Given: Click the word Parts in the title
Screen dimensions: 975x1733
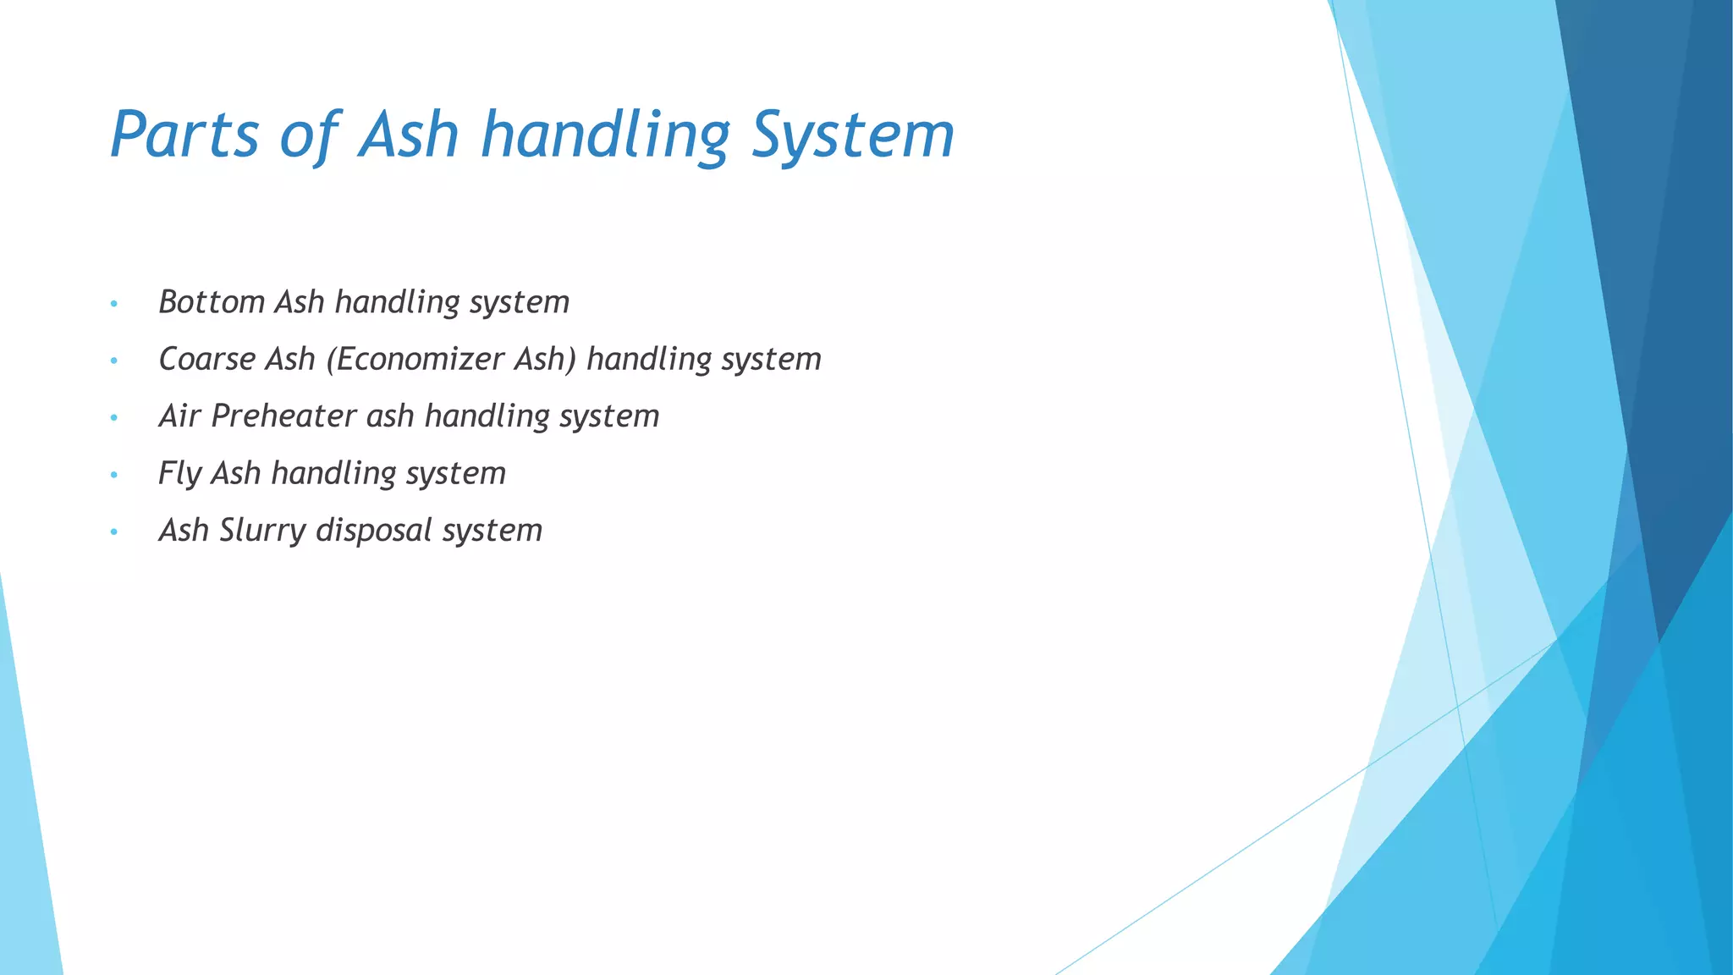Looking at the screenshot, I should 184,135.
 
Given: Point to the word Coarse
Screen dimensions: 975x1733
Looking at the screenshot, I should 206,359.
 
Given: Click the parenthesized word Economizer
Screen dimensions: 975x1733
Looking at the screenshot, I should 415,359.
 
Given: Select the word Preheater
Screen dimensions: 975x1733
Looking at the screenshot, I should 283,416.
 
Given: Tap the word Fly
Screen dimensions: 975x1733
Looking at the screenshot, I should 179,473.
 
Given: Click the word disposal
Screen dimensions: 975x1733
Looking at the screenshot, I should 374,531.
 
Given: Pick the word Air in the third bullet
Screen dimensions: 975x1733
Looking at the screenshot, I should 179,416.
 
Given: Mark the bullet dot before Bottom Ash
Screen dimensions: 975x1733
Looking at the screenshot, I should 113,304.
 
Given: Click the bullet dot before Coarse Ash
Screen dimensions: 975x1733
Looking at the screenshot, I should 113,361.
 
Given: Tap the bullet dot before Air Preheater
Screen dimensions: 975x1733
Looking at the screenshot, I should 113,418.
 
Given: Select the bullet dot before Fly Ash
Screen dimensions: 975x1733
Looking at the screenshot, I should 113,475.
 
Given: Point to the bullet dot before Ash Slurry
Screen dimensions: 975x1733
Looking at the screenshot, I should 113,532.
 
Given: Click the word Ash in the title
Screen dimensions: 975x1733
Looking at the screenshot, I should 409,135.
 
